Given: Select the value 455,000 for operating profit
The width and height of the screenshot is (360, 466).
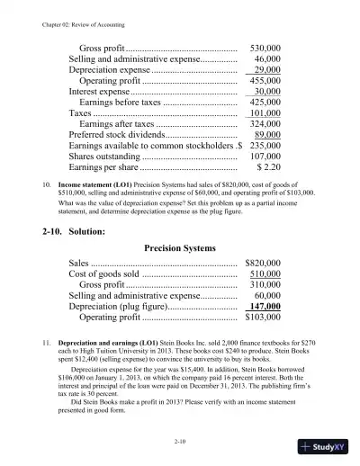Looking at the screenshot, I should [266, 80].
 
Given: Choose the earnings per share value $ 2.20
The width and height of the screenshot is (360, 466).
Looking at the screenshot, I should [271, 166].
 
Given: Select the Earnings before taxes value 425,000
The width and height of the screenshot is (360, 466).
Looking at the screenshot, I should [266, 103].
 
